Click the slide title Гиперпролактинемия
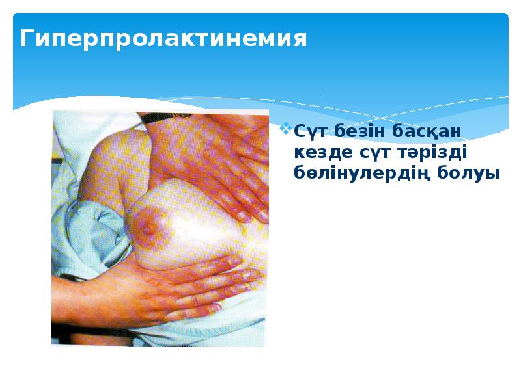click(x=163, y=40)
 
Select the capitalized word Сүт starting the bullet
click(x=309, y=131)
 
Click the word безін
click(x=359, y=131)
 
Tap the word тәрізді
click(x=430, y=153)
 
